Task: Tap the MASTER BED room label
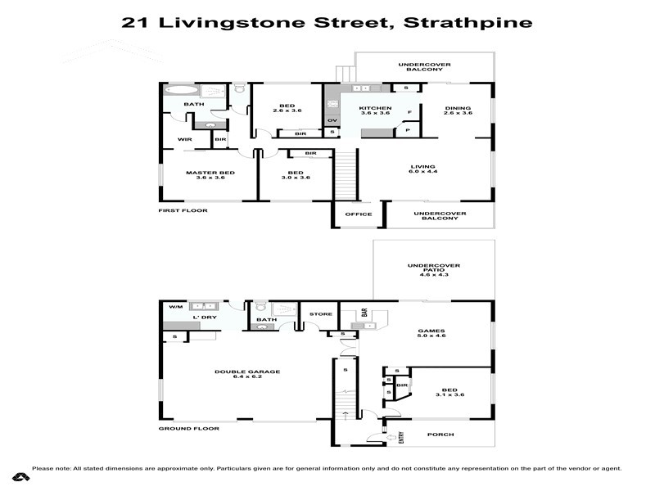coord(210,173)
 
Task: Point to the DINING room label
coord(458,108)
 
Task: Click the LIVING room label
coord(422,168)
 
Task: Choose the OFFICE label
coord(359,214)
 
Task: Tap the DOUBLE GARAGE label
coord(247,372)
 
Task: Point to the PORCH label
coord(440,435)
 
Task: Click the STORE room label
coord(320,313)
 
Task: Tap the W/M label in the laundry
coord(174,307)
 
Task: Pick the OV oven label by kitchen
coord(332,121)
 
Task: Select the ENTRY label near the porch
coord(401,437)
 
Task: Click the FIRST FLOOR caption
coord(183,211)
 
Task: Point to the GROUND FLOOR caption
coord(187,429)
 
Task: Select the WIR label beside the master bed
coord(183,140)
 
